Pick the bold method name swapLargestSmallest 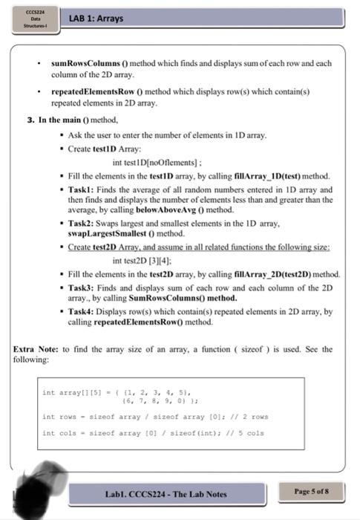[x=106, y=234]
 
